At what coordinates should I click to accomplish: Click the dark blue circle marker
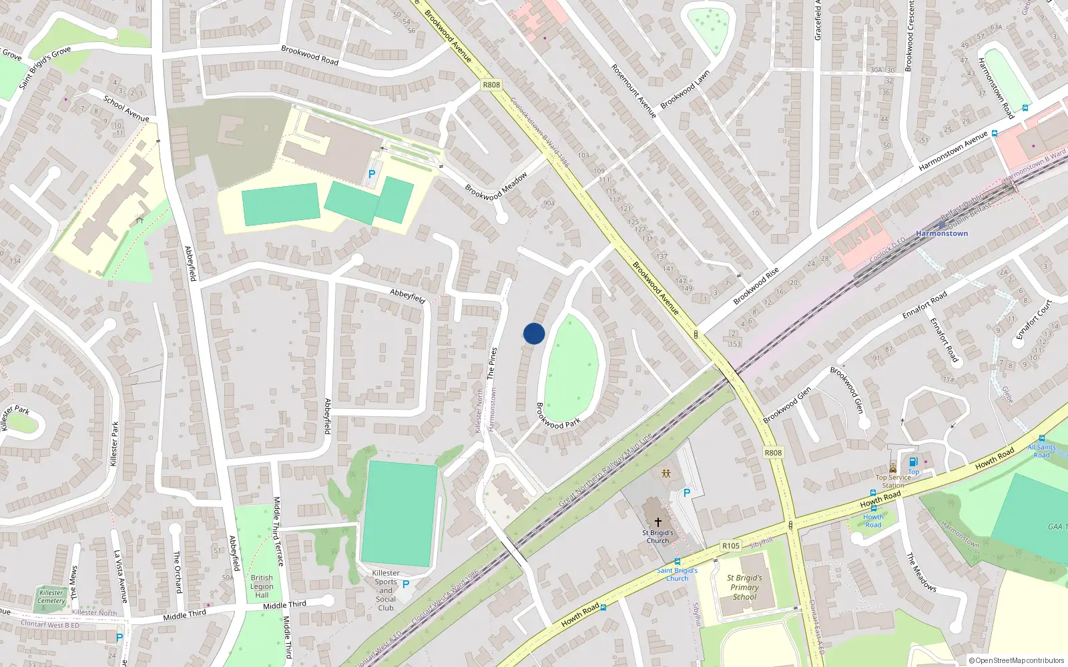coord(534,333)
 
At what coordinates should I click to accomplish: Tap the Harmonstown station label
coord(941,233)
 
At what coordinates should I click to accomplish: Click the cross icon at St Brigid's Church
coord(657,522)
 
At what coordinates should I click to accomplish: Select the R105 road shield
coord(731,546)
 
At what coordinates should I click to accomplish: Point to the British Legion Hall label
coord(262,586)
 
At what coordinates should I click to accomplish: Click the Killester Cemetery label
coord(51,596)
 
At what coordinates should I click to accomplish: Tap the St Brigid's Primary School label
coord(744,587)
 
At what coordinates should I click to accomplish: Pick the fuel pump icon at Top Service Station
coord(913,462)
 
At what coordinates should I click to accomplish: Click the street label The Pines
coord(492,364)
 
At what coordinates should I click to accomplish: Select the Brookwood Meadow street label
coord(496,186)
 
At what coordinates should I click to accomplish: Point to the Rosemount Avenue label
coord(634,91)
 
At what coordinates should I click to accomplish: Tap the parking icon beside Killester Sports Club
coord(405,584)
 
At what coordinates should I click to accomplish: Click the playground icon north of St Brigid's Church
coord(666,474)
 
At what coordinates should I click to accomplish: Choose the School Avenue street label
coord(126,109)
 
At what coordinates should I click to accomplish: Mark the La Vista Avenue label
coord(120,576)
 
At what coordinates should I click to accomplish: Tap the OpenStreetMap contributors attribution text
coord(1017,660)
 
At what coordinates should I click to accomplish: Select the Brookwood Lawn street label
coord(685,89)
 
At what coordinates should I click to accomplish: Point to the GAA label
coord(1055,527)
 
